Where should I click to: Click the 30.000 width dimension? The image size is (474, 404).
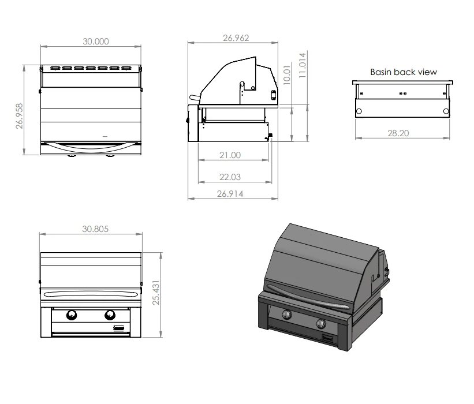coord(96,42)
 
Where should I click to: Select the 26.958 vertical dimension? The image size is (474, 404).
coord(20,116)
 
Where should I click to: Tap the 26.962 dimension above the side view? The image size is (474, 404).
coord(236,38)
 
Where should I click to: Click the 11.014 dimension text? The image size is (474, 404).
coord(303,65)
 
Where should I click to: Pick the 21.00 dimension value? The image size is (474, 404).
coord(230,155)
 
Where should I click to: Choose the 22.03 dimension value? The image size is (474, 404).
coord(230,177)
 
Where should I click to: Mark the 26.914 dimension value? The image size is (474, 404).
coord(230,194)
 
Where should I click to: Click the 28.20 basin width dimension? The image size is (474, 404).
coord(398,133)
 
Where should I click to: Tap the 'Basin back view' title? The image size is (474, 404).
coord(404,72)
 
